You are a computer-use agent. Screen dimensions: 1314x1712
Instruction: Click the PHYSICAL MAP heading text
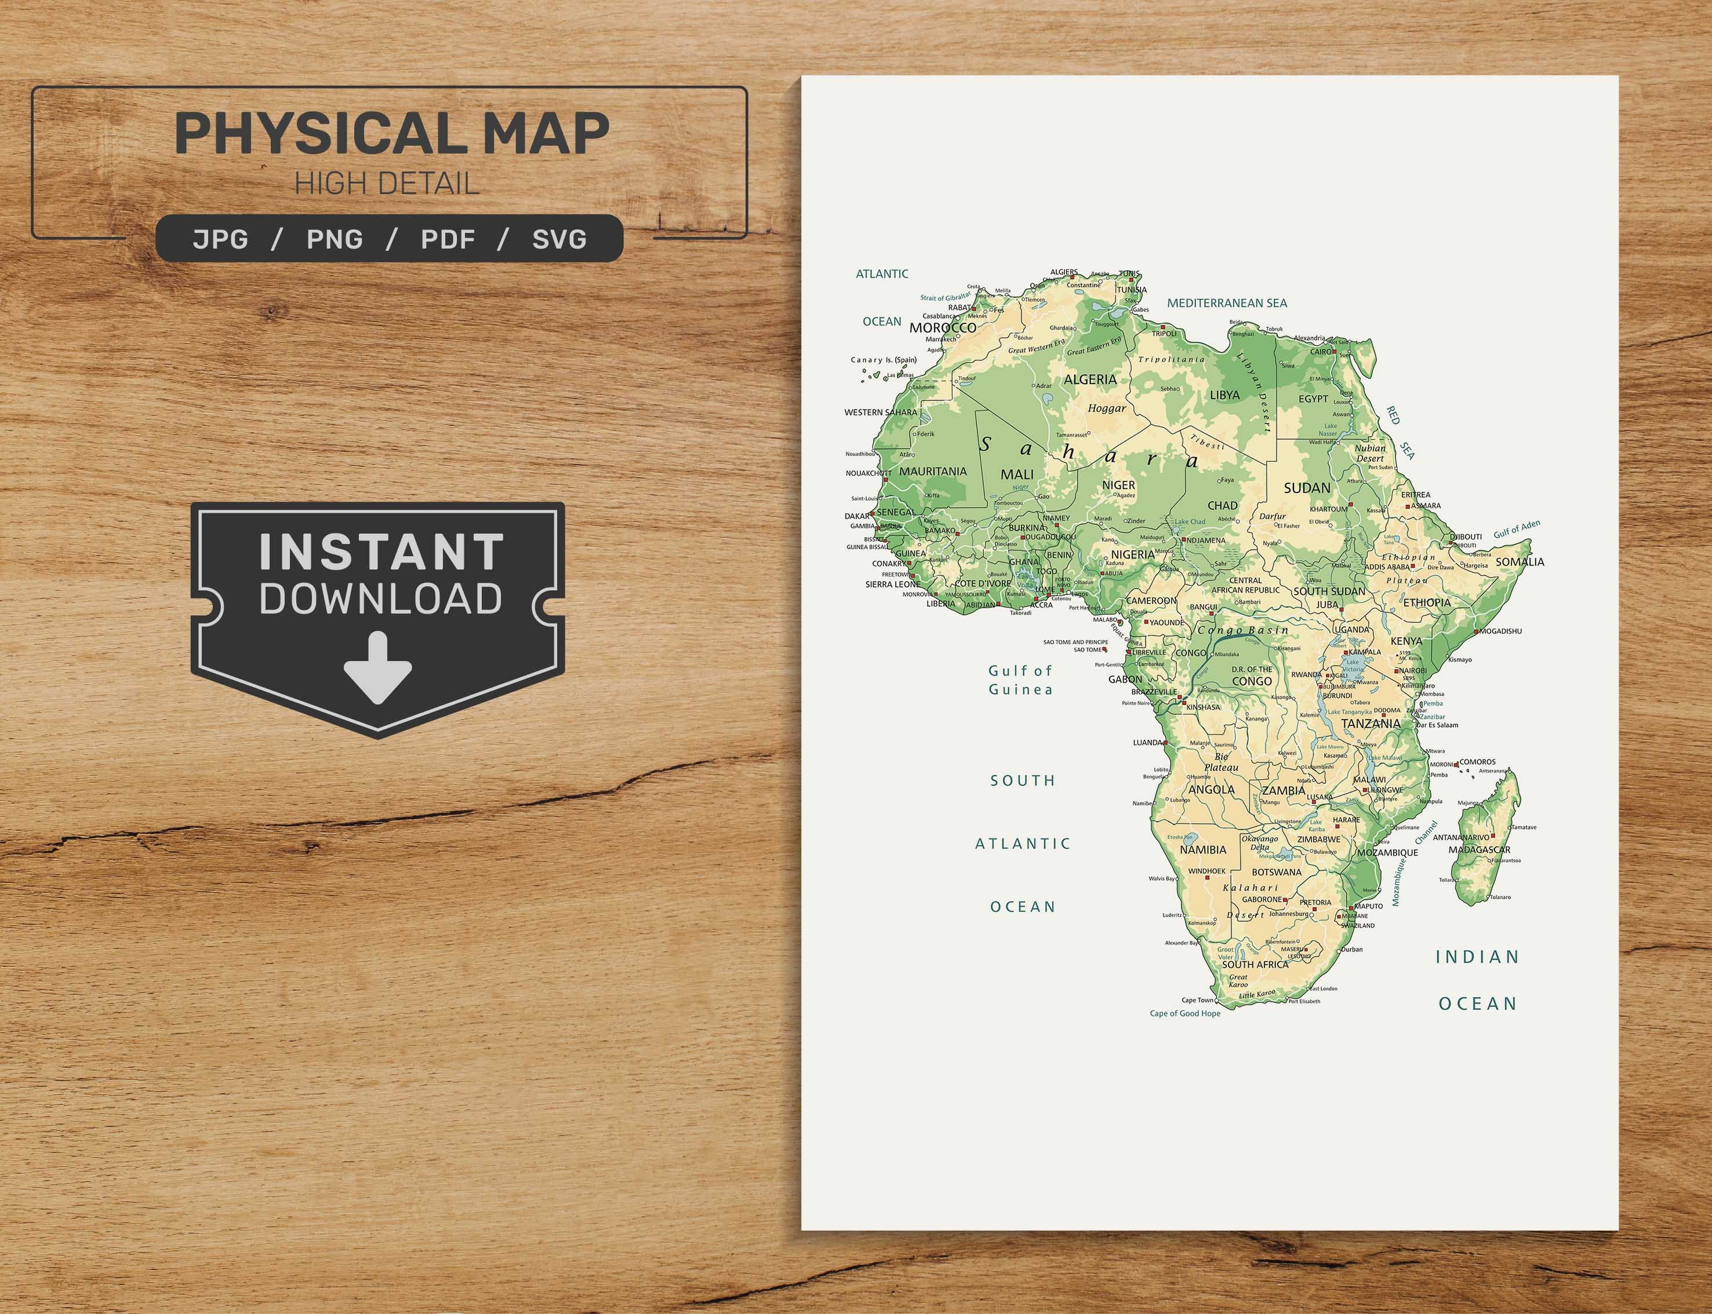[391, 133]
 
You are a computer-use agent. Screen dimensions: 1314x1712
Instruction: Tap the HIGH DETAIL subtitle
[387, 184]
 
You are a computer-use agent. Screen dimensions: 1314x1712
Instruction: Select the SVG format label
[559, 239]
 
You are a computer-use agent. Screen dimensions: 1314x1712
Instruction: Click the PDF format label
[448, 239]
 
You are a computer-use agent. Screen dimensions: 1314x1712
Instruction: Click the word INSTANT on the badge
[382, 552]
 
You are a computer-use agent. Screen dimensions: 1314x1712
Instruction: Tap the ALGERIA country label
[1090, 379]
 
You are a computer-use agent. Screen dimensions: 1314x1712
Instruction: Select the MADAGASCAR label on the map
[1479, 849]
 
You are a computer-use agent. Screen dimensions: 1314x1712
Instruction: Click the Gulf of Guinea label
[1020, 680]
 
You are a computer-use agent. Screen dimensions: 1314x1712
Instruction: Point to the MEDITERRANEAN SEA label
[1227, 302]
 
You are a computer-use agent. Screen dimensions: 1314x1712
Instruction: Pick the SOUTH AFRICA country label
[1255, 965]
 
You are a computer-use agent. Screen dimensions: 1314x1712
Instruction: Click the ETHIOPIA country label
[1426, 603]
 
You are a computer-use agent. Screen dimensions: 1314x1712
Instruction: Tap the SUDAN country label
[1307, 488]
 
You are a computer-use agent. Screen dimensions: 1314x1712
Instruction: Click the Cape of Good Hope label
[1184, 1014]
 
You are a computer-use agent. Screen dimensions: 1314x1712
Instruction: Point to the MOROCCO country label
[942, 328]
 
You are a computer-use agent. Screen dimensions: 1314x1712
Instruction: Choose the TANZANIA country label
[1371, 724]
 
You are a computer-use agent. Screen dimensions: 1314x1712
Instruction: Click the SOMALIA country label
[1520, 561]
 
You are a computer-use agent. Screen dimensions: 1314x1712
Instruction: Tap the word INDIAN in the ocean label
[1477, 957]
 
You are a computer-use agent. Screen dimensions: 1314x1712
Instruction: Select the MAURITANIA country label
[933, 472]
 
